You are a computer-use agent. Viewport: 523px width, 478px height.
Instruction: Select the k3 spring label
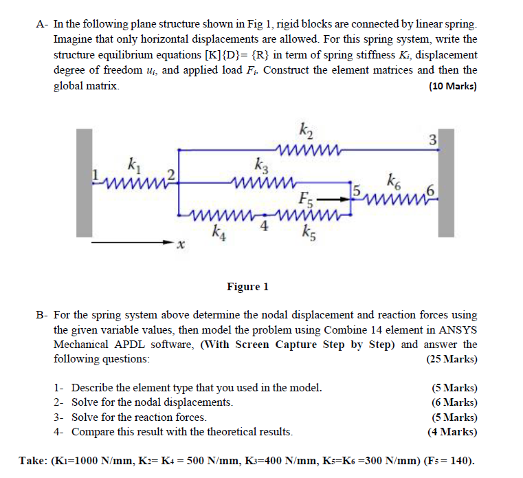(260, 166)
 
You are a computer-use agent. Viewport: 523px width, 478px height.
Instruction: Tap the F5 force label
(307, 201)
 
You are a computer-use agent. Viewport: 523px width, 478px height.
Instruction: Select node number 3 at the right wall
(432, 142)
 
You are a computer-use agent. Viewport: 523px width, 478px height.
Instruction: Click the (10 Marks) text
(452, 87)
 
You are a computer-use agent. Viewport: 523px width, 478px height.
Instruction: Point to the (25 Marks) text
(452, 359)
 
